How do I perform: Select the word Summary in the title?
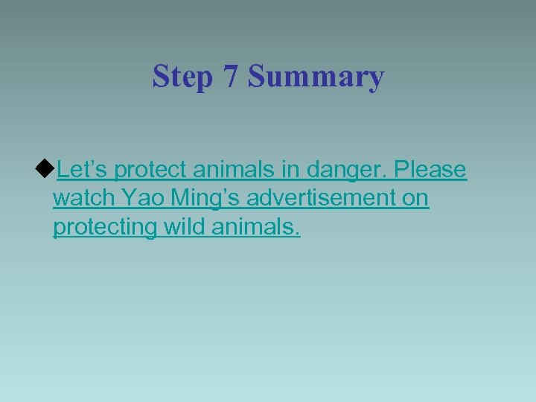[316, 77]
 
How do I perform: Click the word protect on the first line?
[150, 170]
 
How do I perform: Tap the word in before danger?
[290, 170]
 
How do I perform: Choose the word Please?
[430, 170]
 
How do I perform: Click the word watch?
[84, 199]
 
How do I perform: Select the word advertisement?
[322, 199]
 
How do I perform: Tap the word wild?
[184, 227]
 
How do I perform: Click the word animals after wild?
[252, 227]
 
